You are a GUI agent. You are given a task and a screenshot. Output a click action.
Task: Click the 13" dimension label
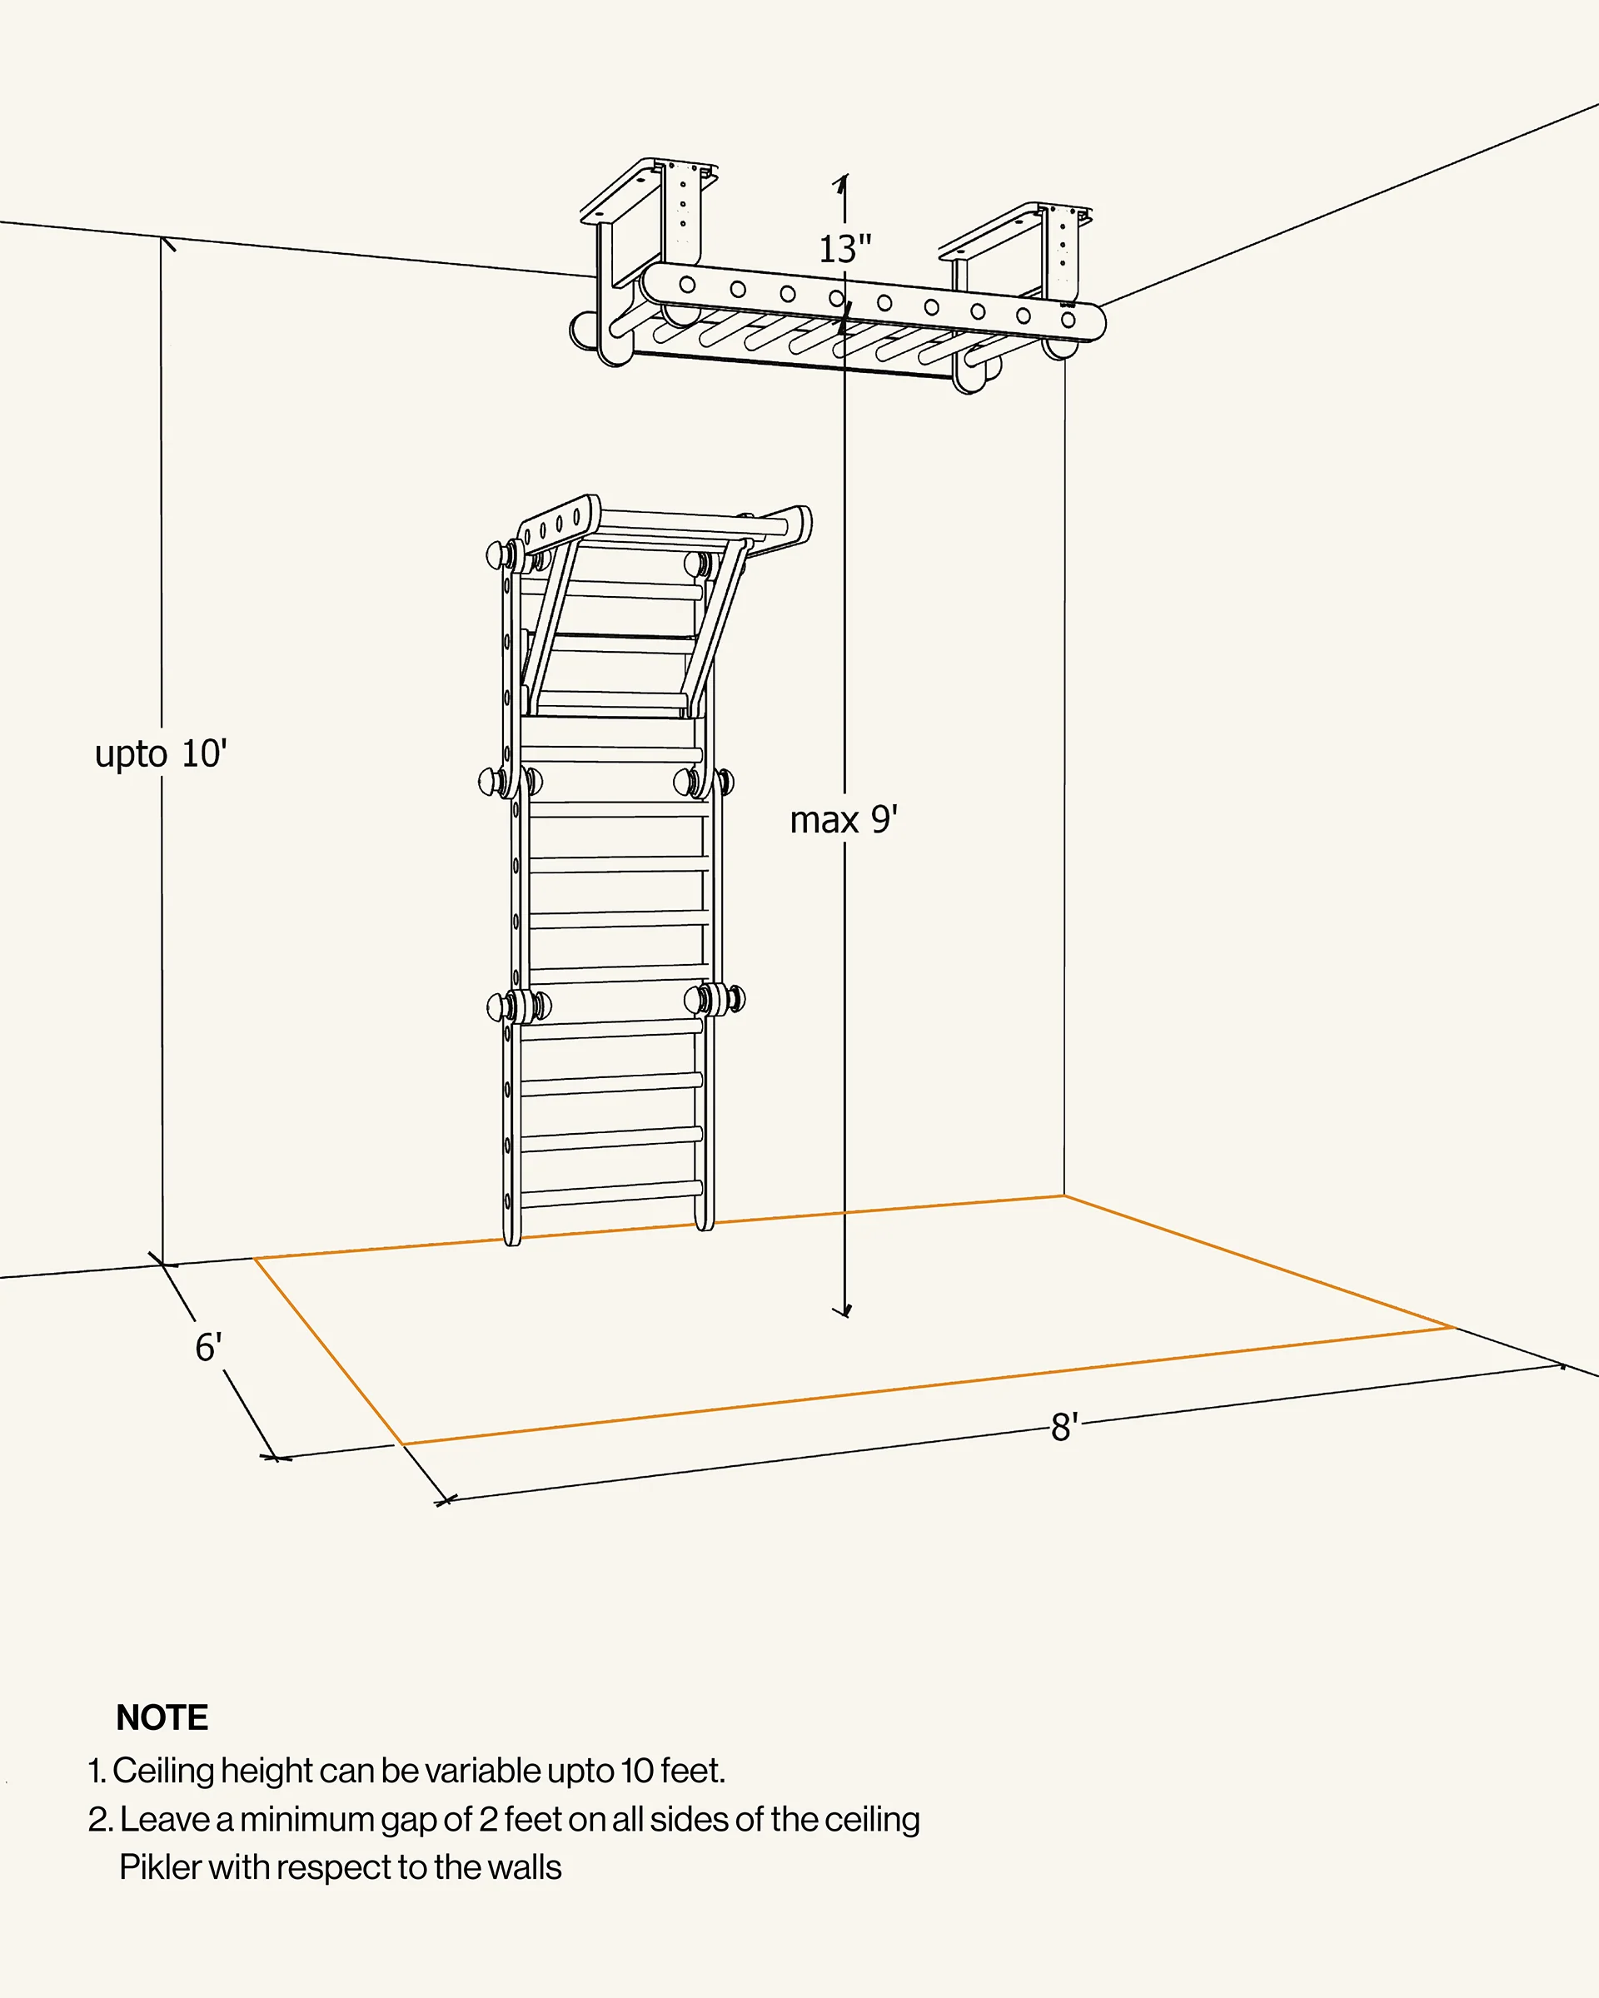pos(844,248)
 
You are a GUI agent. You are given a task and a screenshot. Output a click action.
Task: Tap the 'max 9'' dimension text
pos(844,820)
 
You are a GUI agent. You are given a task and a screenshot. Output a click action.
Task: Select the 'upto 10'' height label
pos(162,753)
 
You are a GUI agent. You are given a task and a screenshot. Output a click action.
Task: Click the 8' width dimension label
pos(1064,1427)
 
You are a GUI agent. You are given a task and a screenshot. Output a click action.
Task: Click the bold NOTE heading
pos(162,1717)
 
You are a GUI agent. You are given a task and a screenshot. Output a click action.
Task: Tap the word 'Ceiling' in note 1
pos(163,1771)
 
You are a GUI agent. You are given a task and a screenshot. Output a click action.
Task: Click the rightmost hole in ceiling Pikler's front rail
pos(1068,320)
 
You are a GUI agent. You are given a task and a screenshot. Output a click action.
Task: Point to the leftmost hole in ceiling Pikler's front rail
pos(687,285)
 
